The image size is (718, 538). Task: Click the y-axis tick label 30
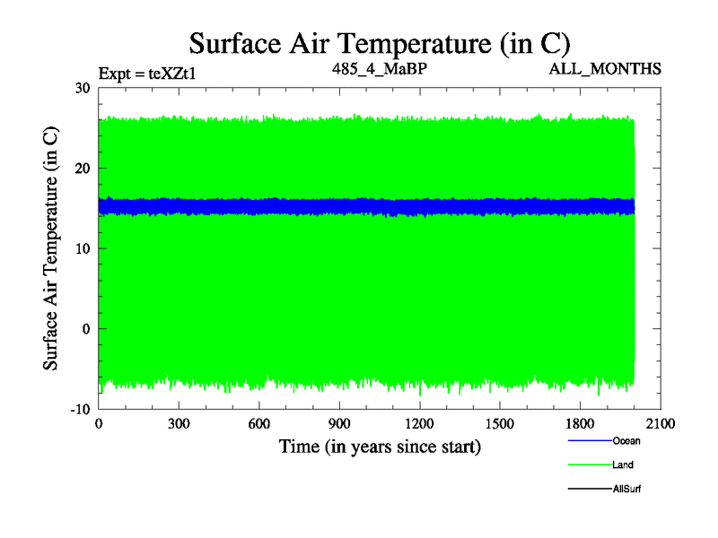[83, 88]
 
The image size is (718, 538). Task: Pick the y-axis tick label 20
[83, 169]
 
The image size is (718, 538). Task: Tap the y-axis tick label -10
[80, 409]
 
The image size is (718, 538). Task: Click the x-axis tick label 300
[179, 424]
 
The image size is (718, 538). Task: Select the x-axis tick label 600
[259, 424]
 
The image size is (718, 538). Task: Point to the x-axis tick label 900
[339, 424]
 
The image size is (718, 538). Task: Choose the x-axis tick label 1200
[419, 424]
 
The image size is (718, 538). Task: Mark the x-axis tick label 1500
[500, 424]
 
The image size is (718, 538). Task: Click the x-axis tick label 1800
[580, 424]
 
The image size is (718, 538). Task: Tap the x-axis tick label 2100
[661, 424]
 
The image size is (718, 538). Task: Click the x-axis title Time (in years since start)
[380, 446]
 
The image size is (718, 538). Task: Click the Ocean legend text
[626, 441]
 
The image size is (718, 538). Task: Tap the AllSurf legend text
[627, 490]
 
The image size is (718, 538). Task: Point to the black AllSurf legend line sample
[589, 489]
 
